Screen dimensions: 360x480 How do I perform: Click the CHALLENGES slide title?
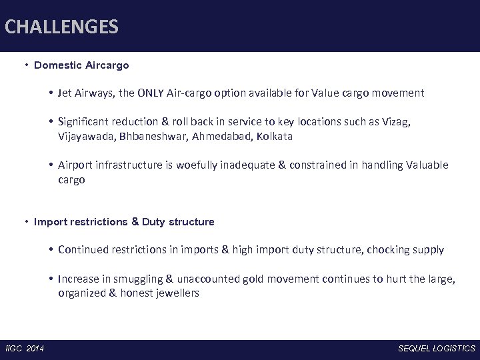(x=61, y=27)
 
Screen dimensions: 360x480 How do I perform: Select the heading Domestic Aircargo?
(x=81, y=65)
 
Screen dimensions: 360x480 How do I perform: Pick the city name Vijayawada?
(x=85, y=136)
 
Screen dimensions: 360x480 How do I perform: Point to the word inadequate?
(x=253, y=165)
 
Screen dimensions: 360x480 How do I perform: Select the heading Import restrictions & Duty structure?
(x=124, y=221)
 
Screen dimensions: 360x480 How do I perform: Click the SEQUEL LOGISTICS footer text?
(x=437, y=349)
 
